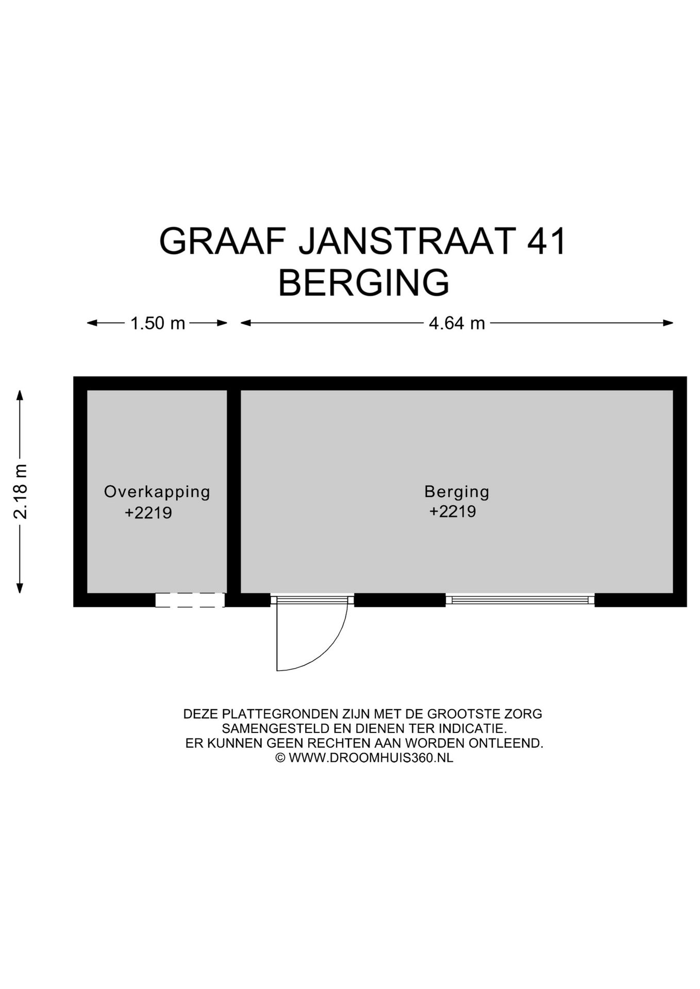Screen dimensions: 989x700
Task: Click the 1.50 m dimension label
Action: point(157,323)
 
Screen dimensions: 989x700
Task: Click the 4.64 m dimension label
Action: point(457,323)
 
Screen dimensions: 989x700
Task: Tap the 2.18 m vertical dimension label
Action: point(21,490)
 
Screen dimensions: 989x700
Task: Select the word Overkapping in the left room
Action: point(157,491)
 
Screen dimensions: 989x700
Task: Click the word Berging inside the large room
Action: point(457,491)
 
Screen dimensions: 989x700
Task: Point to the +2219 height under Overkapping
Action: point(148,513)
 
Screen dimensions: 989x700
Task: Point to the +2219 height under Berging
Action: point(453,511)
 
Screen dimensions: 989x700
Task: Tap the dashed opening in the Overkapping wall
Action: point(190,600)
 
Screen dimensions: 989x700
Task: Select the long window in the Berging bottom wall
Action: point(520,600)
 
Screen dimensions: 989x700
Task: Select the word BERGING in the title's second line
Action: point(363,283)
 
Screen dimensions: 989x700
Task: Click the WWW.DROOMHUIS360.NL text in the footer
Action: point(371,758)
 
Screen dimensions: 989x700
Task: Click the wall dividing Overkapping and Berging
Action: point(234,489)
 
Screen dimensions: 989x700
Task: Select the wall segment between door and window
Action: point(399,600)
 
